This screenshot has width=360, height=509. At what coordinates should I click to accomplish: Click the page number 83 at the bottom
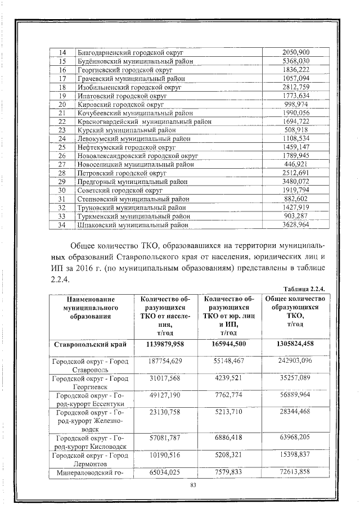click(193, 485)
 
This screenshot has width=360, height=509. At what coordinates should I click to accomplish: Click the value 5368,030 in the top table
click(295, 61)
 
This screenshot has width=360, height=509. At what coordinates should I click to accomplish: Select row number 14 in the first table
click(62, 52)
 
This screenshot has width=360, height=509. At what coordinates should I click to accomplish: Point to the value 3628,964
click(295, 225)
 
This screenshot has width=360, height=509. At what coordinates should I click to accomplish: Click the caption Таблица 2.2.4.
click(305, 287)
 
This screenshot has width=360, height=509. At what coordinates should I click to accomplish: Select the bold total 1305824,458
click(295, 344)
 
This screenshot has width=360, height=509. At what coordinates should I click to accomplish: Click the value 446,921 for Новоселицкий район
click(295, 164)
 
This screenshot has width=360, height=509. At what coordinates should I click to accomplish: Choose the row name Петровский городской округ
click(120, 173)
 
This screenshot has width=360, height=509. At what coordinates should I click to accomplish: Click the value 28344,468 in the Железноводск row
click(295, 412)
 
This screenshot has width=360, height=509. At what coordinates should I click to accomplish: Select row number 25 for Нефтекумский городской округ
click(62, 147)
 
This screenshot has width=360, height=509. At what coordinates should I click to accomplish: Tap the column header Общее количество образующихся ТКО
click(295, 311)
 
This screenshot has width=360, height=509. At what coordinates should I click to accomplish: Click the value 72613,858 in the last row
click(295, 471)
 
